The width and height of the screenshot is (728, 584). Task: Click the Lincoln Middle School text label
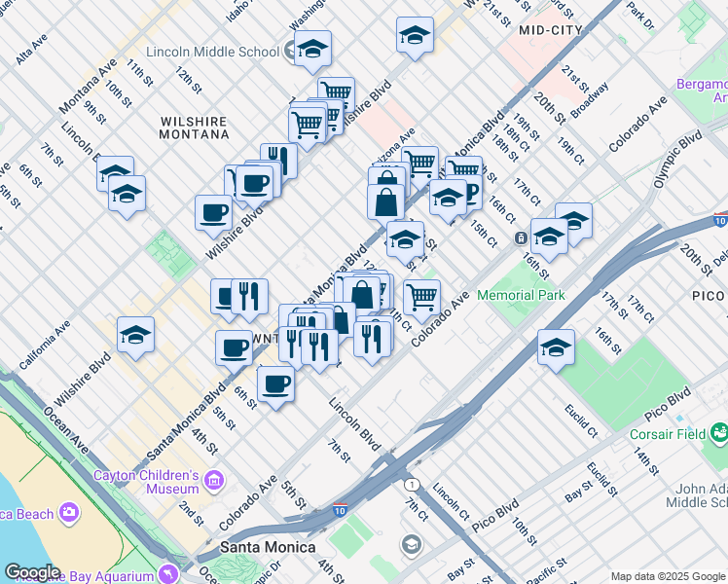(212, 52)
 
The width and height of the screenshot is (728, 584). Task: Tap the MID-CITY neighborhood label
(551, 30)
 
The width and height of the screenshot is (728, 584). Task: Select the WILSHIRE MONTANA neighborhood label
(194, 128)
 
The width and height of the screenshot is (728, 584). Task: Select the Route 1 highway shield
(412, 484)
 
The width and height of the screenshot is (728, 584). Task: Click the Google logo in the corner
(32, 572)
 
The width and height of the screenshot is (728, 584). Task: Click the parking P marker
(470, 193)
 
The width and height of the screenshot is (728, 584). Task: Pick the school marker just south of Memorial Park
(556, 347)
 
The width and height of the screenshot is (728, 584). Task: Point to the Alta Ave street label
(31, 51)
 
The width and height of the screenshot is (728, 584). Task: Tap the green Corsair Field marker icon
(719, 430)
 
